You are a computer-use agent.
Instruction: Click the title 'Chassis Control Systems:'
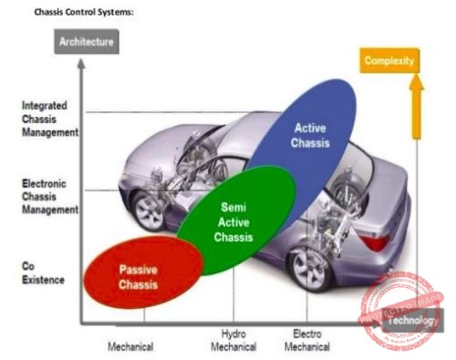[x=84, y=13]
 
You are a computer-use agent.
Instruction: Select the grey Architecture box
[x=88, y=42]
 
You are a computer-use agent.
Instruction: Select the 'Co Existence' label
[x=41, y=272]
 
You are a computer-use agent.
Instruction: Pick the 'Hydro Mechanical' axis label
[x=233, y=340]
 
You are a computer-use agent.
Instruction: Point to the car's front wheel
[x=148, y=211]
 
